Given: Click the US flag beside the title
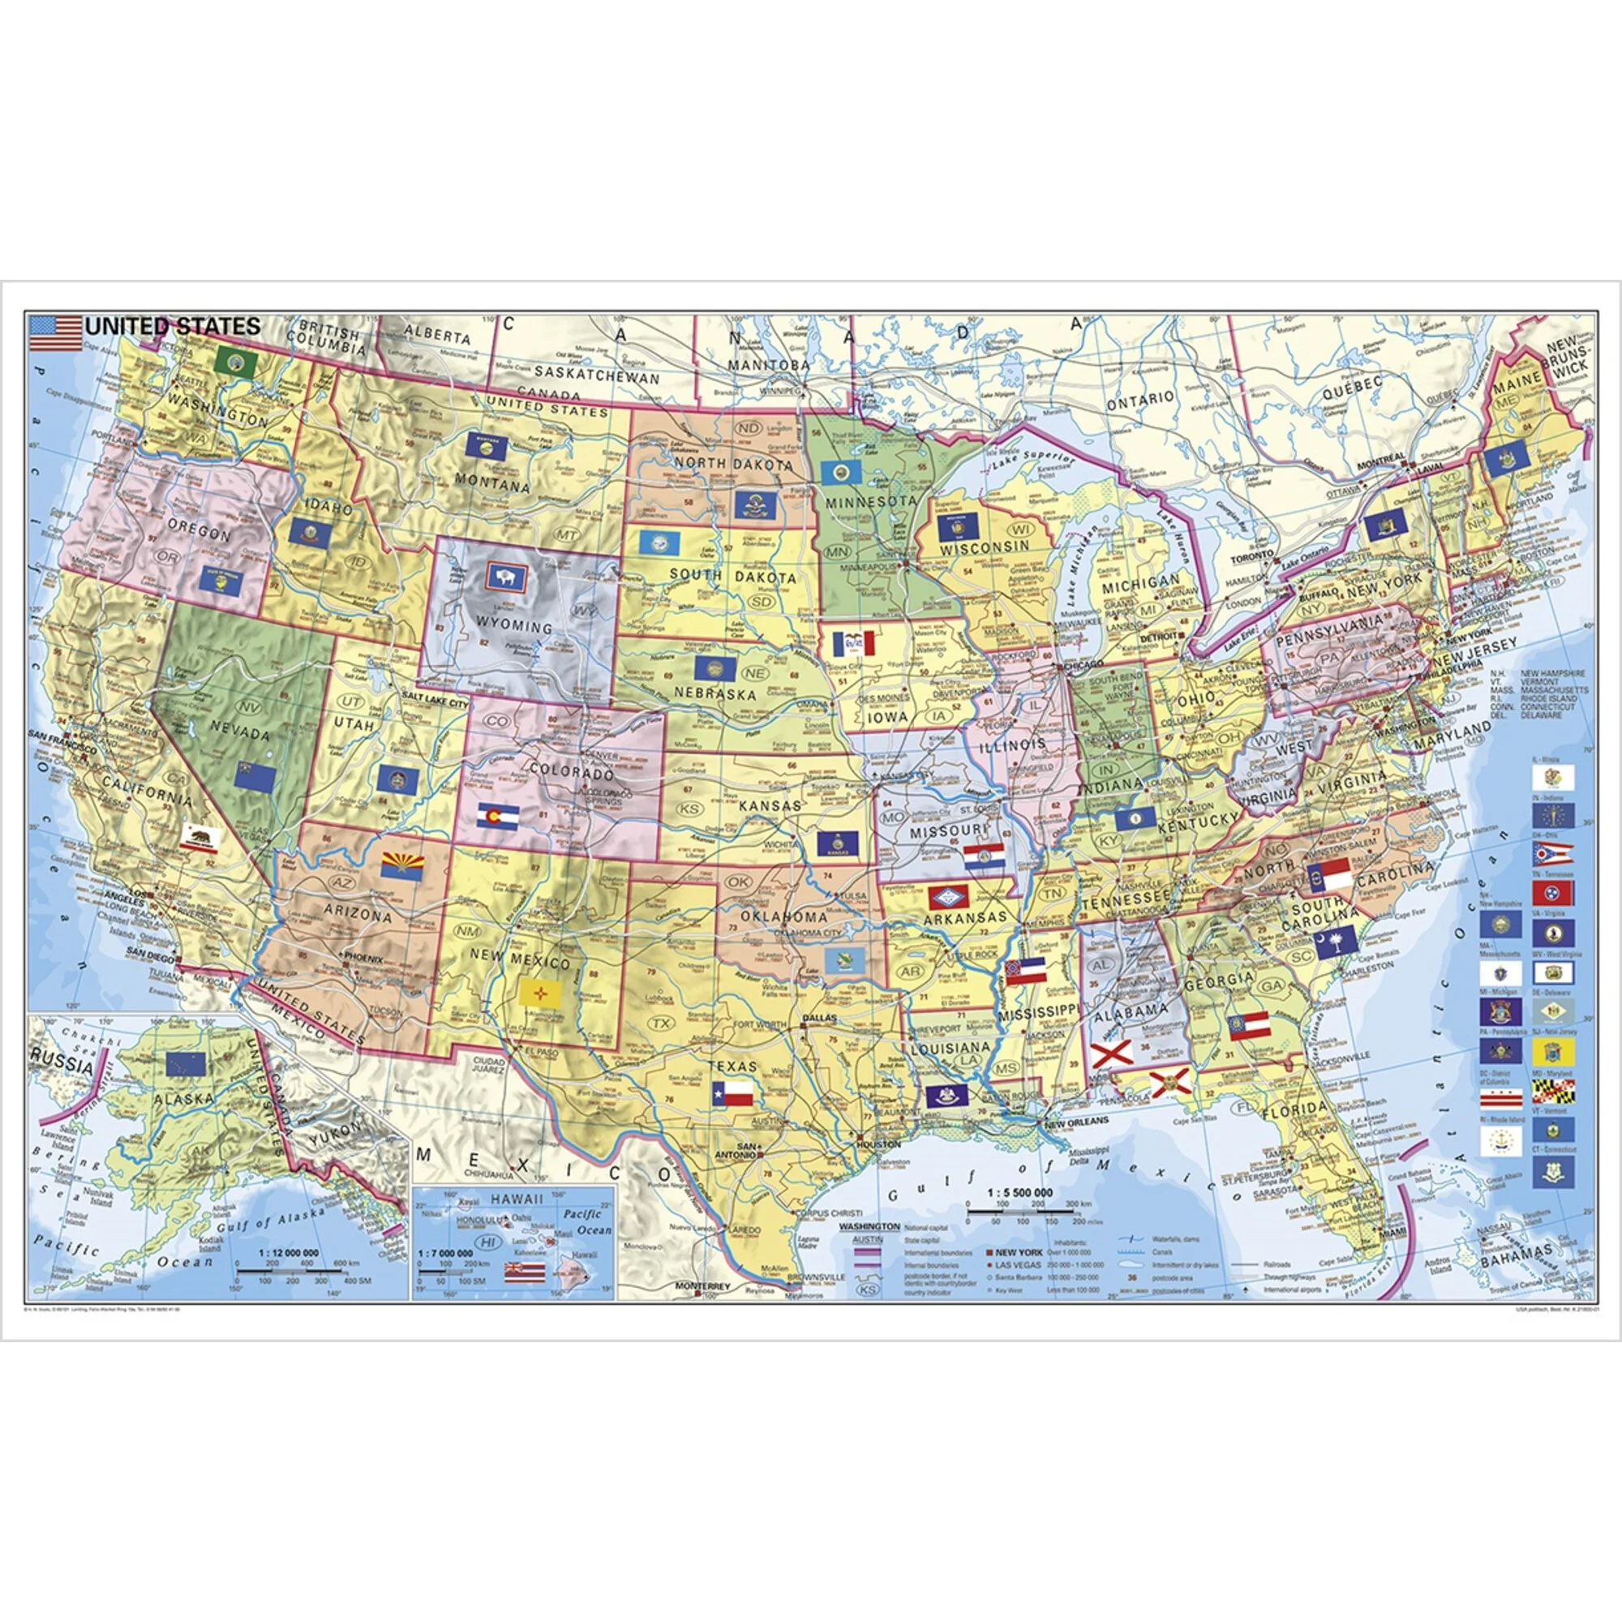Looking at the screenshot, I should tap(55, 333).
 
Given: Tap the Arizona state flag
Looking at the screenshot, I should tap(401, 866).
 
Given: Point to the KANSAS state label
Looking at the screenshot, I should tap(767, 805).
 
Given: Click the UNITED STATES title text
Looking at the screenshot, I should tap(173, 325).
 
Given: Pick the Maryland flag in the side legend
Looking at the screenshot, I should tap(1552, 1092).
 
